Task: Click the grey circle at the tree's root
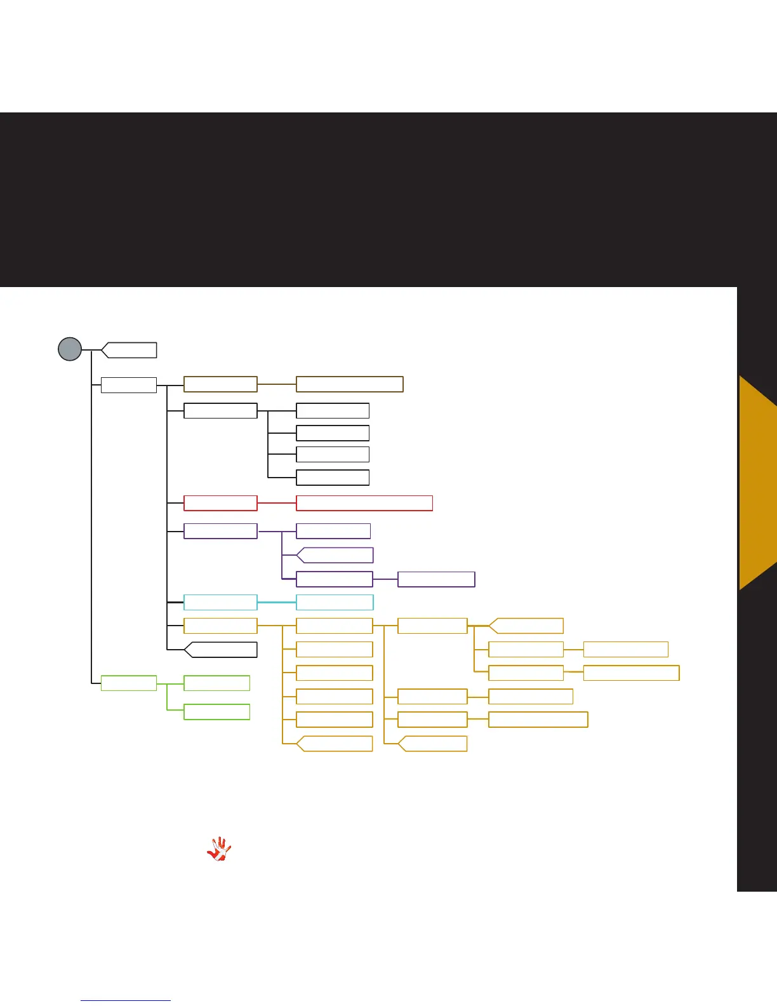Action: coord(70,349)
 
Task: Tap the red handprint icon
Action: coord(219,849)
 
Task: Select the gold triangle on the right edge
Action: coord(759,483)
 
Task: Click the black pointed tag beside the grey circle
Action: coord(130,350)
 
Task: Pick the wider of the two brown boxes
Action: coord(350,384)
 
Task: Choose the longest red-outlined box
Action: coord(364,503)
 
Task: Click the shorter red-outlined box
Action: coord(220,503)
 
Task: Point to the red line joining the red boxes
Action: coord(277,503)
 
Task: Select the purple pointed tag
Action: coord(336,555)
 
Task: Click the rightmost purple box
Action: coord(436,579)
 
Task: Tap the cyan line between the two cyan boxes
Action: coord(277,602)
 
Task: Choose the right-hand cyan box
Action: coord(335,602)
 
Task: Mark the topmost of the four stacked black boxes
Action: coord(333,410)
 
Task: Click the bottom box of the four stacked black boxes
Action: coord(333,478)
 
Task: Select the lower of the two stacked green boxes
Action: coord(216,712)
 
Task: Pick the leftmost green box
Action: coord(129,683)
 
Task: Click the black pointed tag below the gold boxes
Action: coord(222,650)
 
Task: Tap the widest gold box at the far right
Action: coord(631,673)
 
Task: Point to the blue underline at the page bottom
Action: coord(126,1000)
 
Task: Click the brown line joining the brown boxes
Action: coord(277,384)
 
